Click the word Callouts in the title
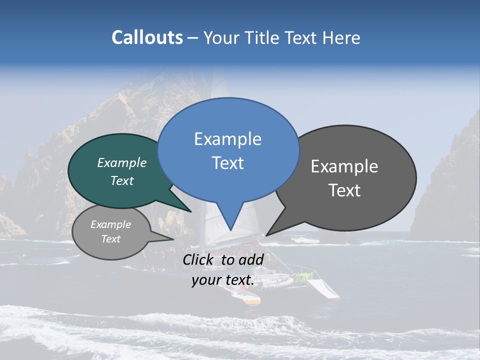pos(147,37)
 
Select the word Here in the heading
pos(341,37)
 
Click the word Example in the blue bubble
pos(227,139)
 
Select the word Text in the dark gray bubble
pos(344,190)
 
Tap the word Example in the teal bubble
pos(122,162)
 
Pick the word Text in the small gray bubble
pos(111,239)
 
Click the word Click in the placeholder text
pos(198,259)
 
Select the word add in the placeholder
pos(251,259)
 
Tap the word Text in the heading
pos(301,37)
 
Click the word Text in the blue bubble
pos(228,163)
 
